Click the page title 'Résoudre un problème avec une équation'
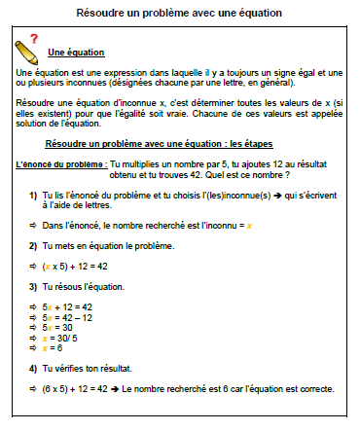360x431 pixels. (x=180, y=13)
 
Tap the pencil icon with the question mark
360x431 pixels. (x=30, y=45)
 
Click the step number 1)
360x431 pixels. (x=34, y=196)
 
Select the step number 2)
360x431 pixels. (x=34, y=247)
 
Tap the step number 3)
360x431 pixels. (x=34, y=289)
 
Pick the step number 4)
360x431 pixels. (x=34, y=369)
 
